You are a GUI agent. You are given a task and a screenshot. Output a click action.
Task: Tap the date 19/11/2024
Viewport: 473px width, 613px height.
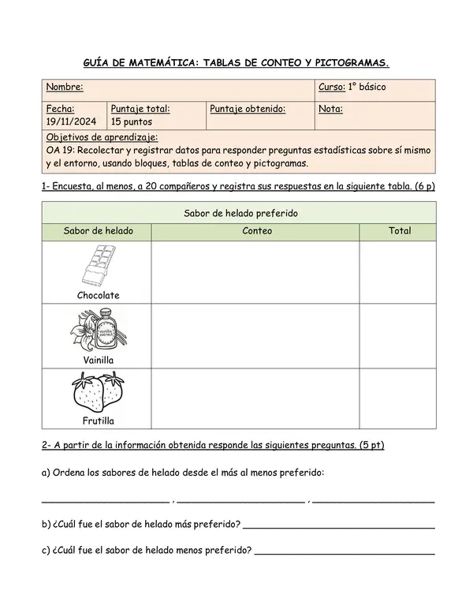[71, 122]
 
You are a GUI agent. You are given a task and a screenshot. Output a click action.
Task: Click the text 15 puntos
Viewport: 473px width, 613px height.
[132, 122]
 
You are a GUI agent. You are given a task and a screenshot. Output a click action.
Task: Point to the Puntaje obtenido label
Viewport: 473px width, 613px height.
[248, 109]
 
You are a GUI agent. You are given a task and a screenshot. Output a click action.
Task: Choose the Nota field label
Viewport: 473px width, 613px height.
[330, 109]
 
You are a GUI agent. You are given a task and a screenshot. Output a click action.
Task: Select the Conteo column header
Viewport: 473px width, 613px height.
[257, 231]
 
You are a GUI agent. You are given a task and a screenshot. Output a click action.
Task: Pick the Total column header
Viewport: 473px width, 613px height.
[400, 231]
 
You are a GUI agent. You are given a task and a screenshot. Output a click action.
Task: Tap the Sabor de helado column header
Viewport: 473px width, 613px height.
[99, 231]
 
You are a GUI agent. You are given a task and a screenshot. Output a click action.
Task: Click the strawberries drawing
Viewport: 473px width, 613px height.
[99, 392]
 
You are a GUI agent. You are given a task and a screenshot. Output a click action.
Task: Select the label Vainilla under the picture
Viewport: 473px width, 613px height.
[99, 360]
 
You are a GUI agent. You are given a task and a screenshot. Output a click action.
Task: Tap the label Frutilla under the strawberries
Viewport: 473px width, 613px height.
[99, 421]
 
